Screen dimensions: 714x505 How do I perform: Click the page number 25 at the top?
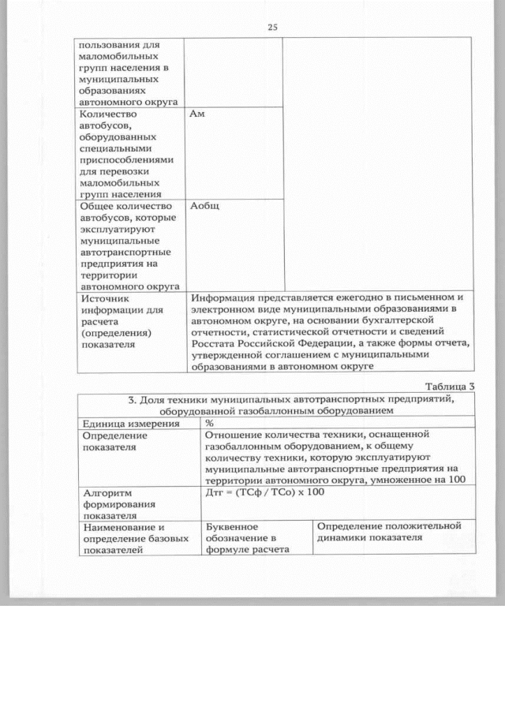click(x=272, y=27)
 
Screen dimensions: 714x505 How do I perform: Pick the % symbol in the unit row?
click(x=209, y=424)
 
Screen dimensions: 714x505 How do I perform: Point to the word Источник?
click(x=106, y=299)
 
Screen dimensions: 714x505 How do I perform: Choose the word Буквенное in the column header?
click(x=232, y=525)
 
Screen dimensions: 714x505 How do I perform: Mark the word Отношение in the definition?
click(x=235, y=435)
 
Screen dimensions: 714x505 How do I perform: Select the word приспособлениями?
click(x=126, y=159)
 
